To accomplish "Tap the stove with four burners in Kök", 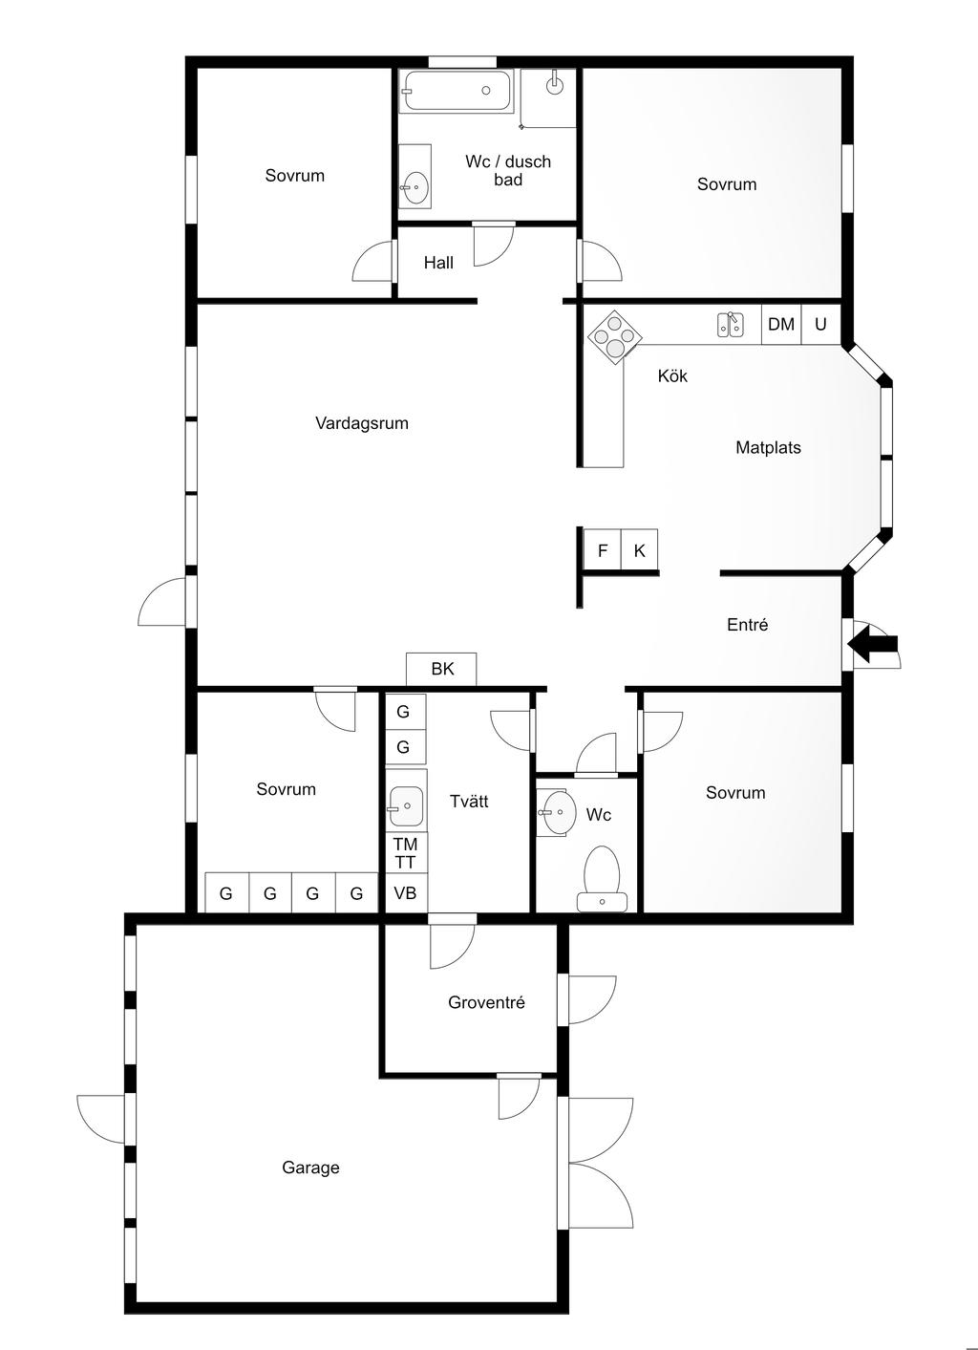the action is pyautogui.click(x=615, y=337).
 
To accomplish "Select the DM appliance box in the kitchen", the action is pyautogui.click(x=781, y=324).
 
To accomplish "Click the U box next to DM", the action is pyautogui.click(x=820, y=324).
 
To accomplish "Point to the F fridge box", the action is pyautogui.click(x=603, y=549).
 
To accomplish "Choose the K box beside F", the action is pyautogui.click(x=639, y=549).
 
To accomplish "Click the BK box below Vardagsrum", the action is pyautogui.click(x=441, y=669).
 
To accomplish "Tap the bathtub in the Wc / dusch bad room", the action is pyautogui.click(x=457, y=91).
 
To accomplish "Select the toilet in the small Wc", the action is pyautogui.click(x=603, y=879).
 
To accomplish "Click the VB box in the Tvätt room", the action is pyautogui.click(x=406, y=892).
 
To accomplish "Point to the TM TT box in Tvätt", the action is pyautogui.click(x=406, y=853).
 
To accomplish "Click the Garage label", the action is pyautogui.click(x=311, y=1168).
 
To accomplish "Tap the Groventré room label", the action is pyautogui.click(x=486, y=1002).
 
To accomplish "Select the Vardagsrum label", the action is pyautogui.click(x=362, y=423).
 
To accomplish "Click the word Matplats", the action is pyautogui.click(x=768, y=448).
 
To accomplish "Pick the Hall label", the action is pyautogui.click(x=438, y=263).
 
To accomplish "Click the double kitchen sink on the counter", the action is pyautogui.click(x=731, y=324).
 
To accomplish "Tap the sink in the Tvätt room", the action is pyautogui.click(x=406, y=805).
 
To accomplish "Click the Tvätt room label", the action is pyautogui.click(x=469, y=802).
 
